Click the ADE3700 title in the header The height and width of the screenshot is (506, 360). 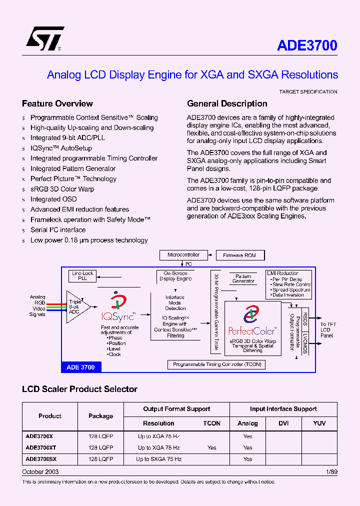(307, 45)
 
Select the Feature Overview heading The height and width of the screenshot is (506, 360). (57, 103)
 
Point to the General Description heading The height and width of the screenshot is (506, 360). (227, 103)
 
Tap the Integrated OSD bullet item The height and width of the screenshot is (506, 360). (53, 199)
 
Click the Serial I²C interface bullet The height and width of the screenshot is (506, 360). (58, 230)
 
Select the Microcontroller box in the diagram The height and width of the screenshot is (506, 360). (183, 255)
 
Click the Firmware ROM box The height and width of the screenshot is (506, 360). (239, 255)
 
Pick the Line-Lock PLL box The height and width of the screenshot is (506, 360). (82, 275)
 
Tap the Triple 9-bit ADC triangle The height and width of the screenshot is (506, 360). (76, 306)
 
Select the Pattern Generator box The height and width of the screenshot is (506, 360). (243, 278)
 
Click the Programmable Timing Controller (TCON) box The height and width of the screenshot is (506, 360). (217, 364)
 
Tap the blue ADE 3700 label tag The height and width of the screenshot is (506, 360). (80, 367)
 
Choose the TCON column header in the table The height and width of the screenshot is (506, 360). (212, 423)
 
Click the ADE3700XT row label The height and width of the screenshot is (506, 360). (41, 447)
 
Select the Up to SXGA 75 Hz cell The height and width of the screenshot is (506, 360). (159, 459)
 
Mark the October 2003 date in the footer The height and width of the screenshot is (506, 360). (40, 472)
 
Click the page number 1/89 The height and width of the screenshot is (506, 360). (331, 472)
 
